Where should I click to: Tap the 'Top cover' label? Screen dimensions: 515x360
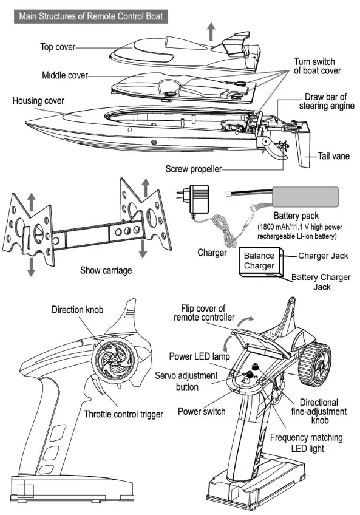click(x=58, y=46)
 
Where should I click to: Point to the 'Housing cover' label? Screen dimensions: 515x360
click(x=38, y=100)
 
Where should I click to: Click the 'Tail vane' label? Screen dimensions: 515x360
click(x=334, y=156)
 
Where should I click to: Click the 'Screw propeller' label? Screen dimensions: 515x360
click(x=194, y=168)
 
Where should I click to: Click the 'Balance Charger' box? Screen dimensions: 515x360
click(x=259, y=261)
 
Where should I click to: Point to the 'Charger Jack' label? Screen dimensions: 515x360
click(x=323, y=256)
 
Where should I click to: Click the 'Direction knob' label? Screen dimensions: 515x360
click(x=77, y=310)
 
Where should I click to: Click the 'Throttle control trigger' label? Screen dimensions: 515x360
click(x=123, y=415)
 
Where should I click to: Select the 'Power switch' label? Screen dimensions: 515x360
click(x=202, y=411)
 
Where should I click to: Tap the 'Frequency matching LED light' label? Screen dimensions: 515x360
click(x=306, y=443)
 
